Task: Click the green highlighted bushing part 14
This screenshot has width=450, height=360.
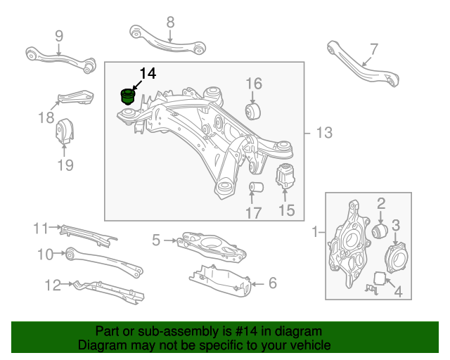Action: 127,96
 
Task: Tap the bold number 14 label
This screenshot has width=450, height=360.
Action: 148,73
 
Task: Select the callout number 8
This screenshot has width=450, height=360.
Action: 170,22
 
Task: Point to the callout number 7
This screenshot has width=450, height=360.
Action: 373,49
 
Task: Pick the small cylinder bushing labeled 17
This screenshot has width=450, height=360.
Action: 257,188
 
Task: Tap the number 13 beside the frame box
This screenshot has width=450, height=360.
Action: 323,133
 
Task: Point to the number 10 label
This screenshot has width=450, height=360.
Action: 44,254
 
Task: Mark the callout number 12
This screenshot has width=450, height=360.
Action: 53,285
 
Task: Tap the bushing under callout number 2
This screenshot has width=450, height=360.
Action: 380,232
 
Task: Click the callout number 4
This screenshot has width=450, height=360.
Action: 397,290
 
